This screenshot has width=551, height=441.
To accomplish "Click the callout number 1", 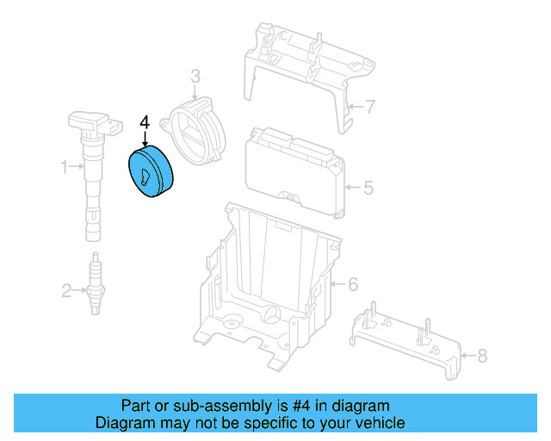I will (64, 166).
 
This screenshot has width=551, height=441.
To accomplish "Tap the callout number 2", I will (66, 291).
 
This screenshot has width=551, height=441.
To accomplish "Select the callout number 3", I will (195, 77).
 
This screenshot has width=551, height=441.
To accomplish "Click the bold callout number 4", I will (145, 122).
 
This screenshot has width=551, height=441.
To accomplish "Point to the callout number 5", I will (368, 186).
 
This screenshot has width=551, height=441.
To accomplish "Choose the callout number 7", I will (370, 108).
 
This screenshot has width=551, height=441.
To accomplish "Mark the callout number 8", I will (481, 354).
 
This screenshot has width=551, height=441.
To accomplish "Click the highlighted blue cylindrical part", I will (151, 175).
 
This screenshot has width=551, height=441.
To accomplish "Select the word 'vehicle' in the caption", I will (379, 423).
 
